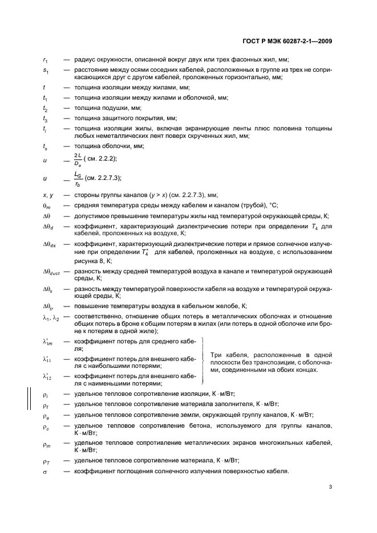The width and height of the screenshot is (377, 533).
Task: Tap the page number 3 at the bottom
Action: [x=331, y=487]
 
